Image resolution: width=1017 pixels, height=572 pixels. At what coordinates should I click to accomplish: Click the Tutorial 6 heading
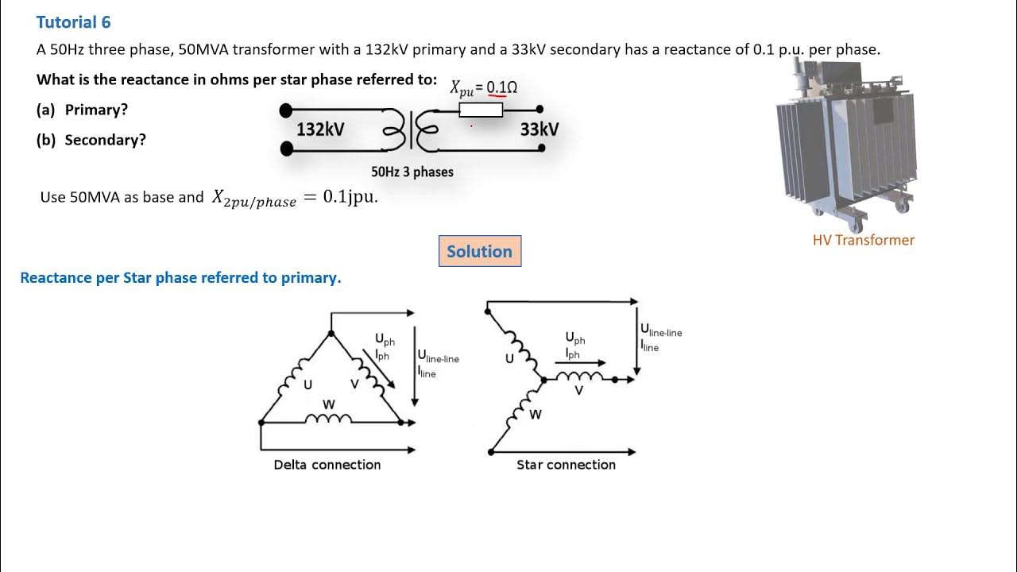[73, 22]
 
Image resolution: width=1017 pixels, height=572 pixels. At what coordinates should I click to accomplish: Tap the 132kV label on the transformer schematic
[320, 129]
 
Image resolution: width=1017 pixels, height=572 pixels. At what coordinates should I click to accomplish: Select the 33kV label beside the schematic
[539, 129]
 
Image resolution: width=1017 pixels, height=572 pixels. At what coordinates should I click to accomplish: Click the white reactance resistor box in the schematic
[481, 110]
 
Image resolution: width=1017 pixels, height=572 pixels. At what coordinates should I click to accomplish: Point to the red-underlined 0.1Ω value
[501, 87]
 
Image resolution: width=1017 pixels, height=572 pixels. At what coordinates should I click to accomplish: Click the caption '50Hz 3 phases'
[412, 172]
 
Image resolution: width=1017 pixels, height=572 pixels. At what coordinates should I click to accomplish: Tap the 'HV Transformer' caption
[863, 240]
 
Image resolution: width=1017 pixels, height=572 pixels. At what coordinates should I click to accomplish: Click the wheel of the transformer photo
[901, 207]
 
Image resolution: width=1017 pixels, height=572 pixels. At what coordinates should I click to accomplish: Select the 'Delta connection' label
[327, 465]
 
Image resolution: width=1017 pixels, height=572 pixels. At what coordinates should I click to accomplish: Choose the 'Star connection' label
[566, 465]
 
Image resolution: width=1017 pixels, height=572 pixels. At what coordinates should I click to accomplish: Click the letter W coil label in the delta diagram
[328, 404]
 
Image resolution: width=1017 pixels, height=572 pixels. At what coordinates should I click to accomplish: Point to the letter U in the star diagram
[510, 358]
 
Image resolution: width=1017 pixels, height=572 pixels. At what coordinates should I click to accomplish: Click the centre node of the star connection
[544, 381]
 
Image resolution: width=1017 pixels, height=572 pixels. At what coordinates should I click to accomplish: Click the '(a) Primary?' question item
[82, 110]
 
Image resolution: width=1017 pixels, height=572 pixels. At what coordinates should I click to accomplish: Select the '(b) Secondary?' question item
[91, 140]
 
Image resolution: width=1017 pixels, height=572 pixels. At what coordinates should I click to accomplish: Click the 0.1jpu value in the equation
[350, 197]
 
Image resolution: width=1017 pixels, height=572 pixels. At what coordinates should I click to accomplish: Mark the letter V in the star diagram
[578, 391]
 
